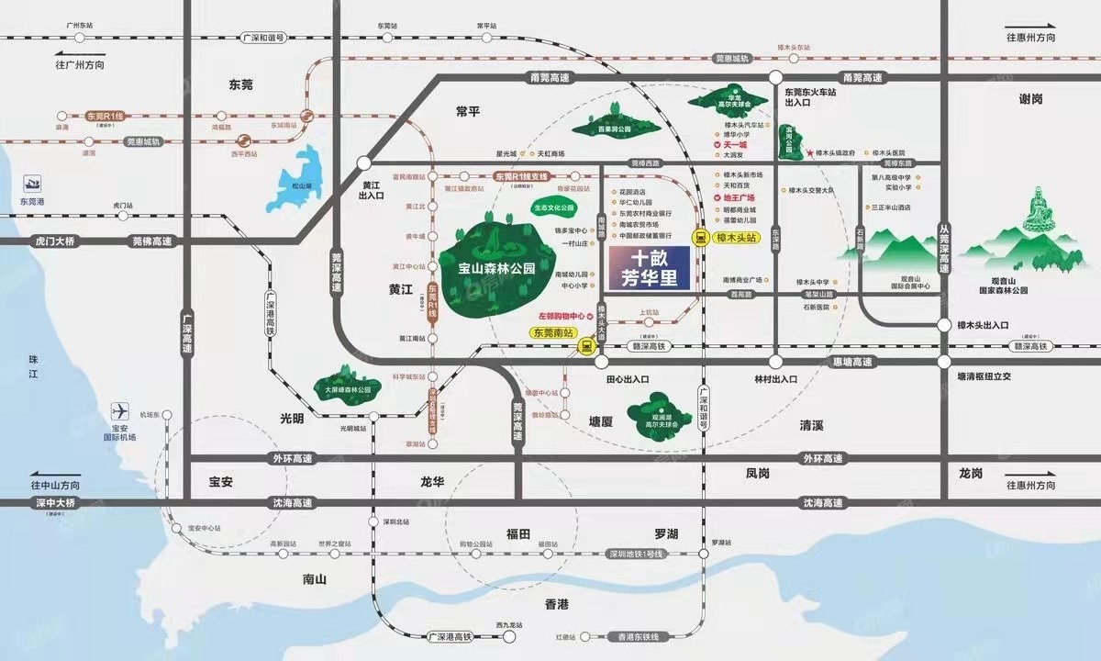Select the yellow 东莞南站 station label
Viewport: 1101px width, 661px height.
[553, 332]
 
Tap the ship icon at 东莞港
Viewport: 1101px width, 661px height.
[33, 183]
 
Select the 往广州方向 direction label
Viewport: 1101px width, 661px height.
[80, 66]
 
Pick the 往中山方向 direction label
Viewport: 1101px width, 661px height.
[55, 485]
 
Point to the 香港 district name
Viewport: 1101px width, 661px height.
[557, 604]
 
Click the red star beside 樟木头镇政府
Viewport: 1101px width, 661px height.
[810, 153]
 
